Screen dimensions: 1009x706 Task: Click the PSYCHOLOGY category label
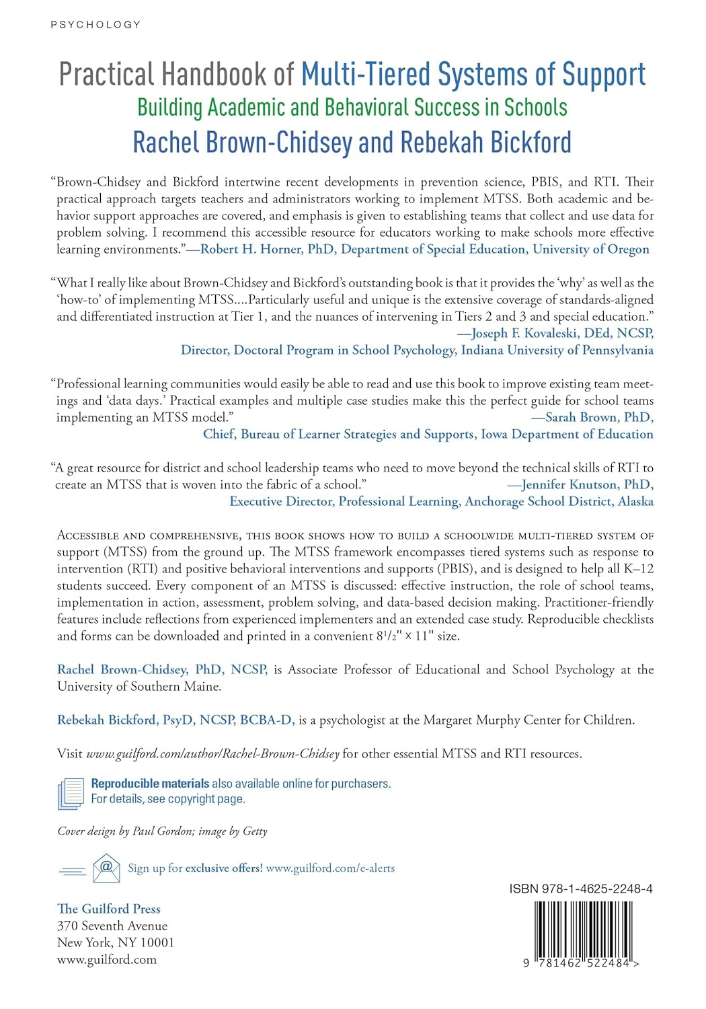point(95,25)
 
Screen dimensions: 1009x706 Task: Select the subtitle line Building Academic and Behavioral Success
point(352,108)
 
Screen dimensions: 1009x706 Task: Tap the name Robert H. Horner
point(251,250)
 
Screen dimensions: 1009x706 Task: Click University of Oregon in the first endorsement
point(591,250)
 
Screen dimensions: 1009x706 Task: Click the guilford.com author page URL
point(212,754)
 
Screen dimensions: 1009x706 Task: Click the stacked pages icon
point(71,792)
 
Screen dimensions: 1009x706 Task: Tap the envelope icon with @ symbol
point(106,868)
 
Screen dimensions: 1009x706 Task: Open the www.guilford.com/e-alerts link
point(330,868)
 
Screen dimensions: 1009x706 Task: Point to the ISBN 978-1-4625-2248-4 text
point(581,889)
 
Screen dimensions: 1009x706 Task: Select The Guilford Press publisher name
point(109,909)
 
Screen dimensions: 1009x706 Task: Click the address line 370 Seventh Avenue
point(112,926)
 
